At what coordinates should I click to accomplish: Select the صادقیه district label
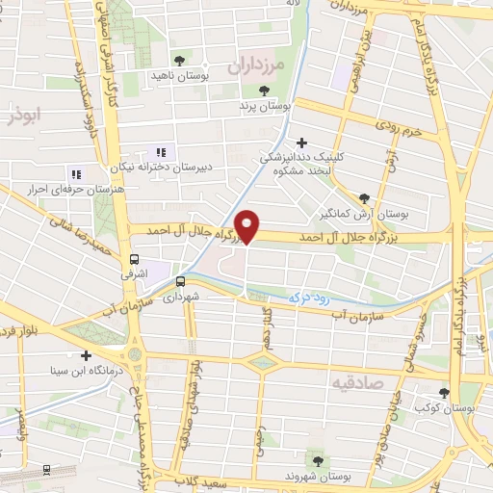(357, 382)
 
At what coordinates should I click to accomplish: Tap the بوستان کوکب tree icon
(443, 392)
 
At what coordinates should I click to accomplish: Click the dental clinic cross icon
(302, 143)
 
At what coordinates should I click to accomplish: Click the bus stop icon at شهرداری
(180, 281)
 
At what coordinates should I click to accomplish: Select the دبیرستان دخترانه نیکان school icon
(161, 152)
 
